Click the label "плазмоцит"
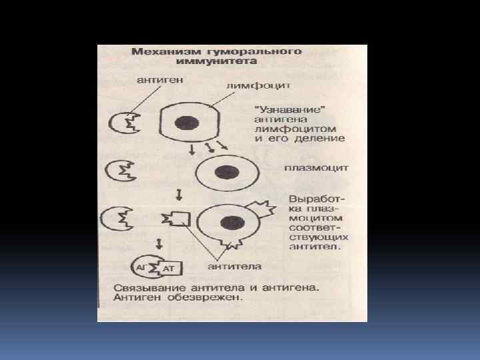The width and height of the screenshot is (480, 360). (316, 169)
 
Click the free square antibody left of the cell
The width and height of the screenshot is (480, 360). (177, 218)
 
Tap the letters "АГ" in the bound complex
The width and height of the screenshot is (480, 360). (141, 267)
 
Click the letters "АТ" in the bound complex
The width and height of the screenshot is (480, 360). (169, 268)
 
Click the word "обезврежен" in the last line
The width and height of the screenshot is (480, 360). (204, 298)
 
